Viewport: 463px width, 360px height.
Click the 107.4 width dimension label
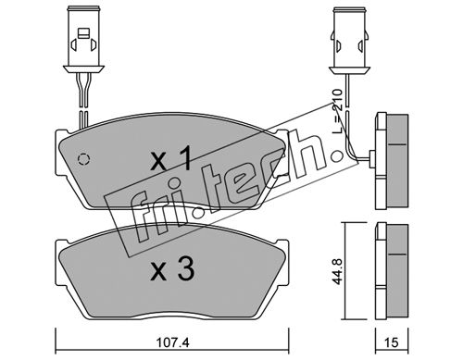coord(171,342)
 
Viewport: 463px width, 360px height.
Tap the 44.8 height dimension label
coord(338,271)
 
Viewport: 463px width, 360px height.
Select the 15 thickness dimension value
coord(392,342)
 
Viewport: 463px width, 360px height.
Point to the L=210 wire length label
coord(338,111)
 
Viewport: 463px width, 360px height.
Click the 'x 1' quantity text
coord(173,159)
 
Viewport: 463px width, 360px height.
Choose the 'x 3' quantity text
coord(173,269)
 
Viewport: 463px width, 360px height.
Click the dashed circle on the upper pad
coord(83,159)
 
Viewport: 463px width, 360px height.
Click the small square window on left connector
coord(83,33)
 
